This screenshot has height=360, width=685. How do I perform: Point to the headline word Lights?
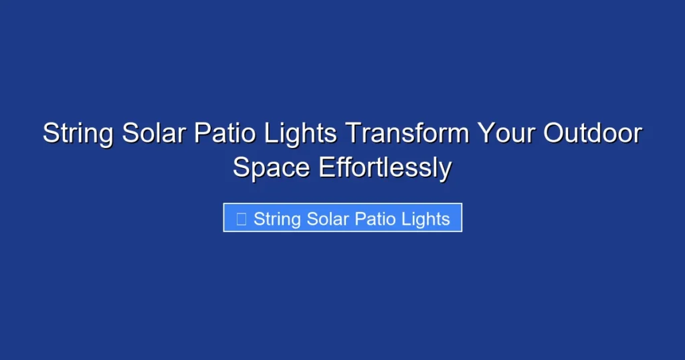(x=299, y=134)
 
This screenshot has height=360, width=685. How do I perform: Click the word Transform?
(x=407, y=134)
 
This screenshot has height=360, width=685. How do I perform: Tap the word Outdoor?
(x=592, y=134)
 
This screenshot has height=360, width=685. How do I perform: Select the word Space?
(x=272, y=168)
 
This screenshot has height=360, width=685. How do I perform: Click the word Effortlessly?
(x=385, y=168)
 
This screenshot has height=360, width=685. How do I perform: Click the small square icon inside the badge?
(x=241, y=219)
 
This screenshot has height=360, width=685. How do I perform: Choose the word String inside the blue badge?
(x=278, y=219)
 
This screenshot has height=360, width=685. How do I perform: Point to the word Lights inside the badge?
(x=426, y=219)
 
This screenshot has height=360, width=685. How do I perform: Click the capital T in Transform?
(x=353, y=134)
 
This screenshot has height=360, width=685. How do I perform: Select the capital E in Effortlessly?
(x=326, y=168)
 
